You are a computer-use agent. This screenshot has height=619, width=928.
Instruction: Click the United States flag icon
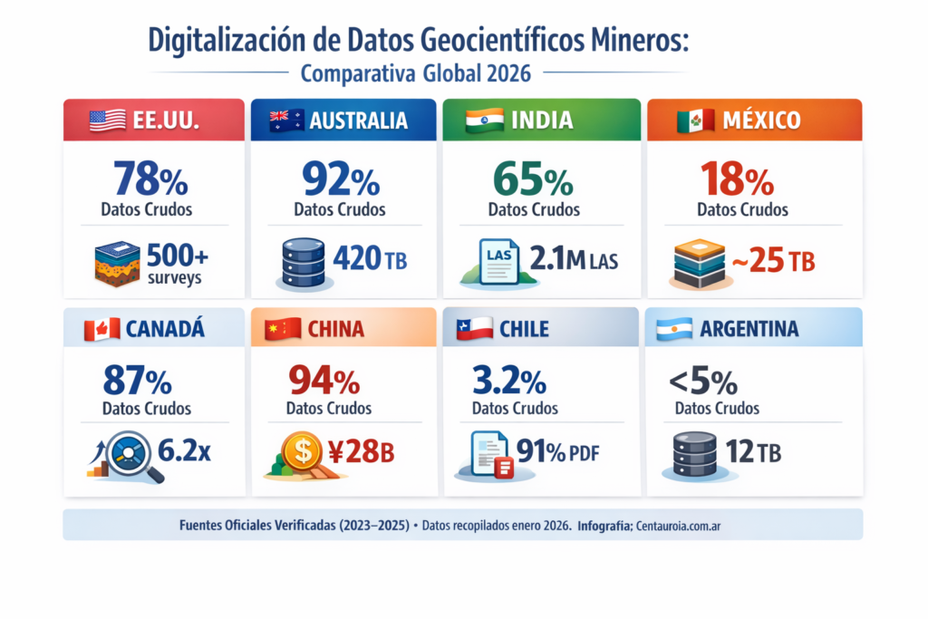pos(108,121)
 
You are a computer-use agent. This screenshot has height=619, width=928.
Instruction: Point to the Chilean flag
pos(474,328)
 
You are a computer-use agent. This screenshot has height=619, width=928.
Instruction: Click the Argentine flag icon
pos(673,328)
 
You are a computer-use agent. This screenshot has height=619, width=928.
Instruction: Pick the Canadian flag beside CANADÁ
pos(101,329)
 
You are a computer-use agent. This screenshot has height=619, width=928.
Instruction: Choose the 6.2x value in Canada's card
pos(184,450)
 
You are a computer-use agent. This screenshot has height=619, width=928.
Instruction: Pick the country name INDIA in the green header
pos(541,121)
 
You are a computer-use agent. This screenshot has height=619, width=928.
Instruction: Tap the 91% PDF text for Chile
pos(561,450)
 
